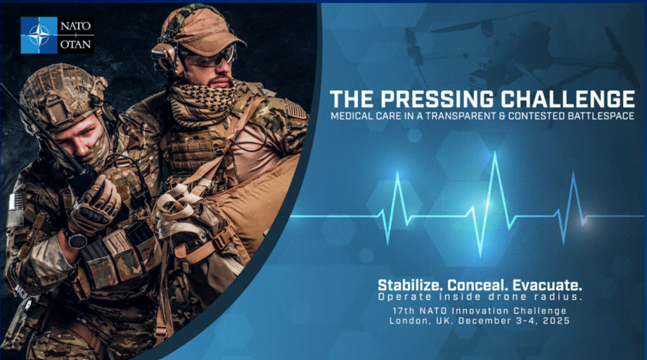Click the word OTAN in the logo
click(76, 45)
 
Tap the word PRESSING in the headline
click(434, 99)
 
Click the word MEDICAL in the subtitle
click(348, 116)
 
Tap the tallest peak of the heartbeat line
click(495, 153)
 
